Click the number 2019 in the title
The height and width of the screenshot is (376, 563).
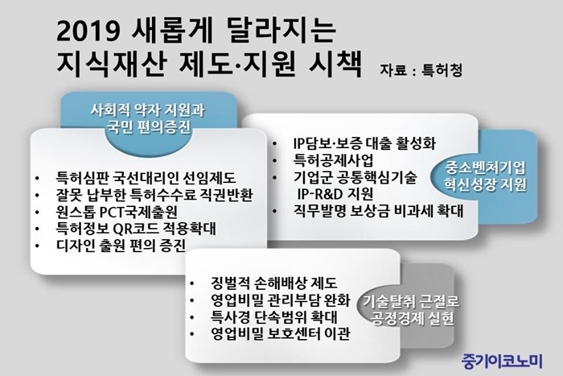coord(88,31)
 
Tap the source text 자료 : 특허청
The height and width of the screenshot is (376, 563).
coord(421,70)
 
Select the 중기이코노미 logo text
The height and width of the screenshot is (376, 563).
coord(502,361)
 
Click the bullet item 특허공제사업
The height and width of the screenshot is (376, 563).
coord(333,160)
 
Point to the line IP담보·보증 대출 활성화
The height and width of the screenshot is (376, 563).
coord(364,143)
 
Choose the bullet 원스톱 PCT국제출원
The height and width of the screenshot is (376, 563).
coord(117,212)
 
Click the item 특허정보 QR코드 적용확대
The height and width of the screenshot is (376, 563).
coord(136,229)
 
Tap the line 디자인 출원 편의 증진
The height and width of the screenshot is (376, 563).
coord(121,246)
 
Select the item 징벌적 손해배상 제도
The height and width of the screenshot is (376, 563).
coord(274,283)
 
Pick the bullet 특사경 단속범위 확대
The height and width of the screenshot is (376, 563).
coord(274,317)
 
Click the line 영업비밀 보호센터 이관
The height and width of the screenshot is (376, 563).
coord(280,334)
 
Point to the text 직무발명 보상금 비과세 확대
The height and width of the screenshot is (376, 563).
coord(379,211)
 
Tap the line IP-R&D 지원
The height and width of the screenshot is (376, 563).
coord(335,194)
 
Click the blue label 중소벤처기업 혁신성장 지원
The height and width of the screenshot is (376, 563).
coord(486,176)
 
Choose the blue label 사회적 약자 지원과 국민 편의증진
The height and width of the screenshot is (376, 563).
coord(147,118)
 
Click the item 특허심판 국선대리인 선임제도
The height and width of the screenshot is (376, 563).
coord(146,178)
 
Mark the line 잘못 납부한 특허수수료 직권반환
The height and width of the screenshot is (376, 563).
coord(154,195)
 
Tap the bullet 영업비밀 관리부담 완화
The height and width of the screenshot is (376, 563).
coord(280,300)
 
